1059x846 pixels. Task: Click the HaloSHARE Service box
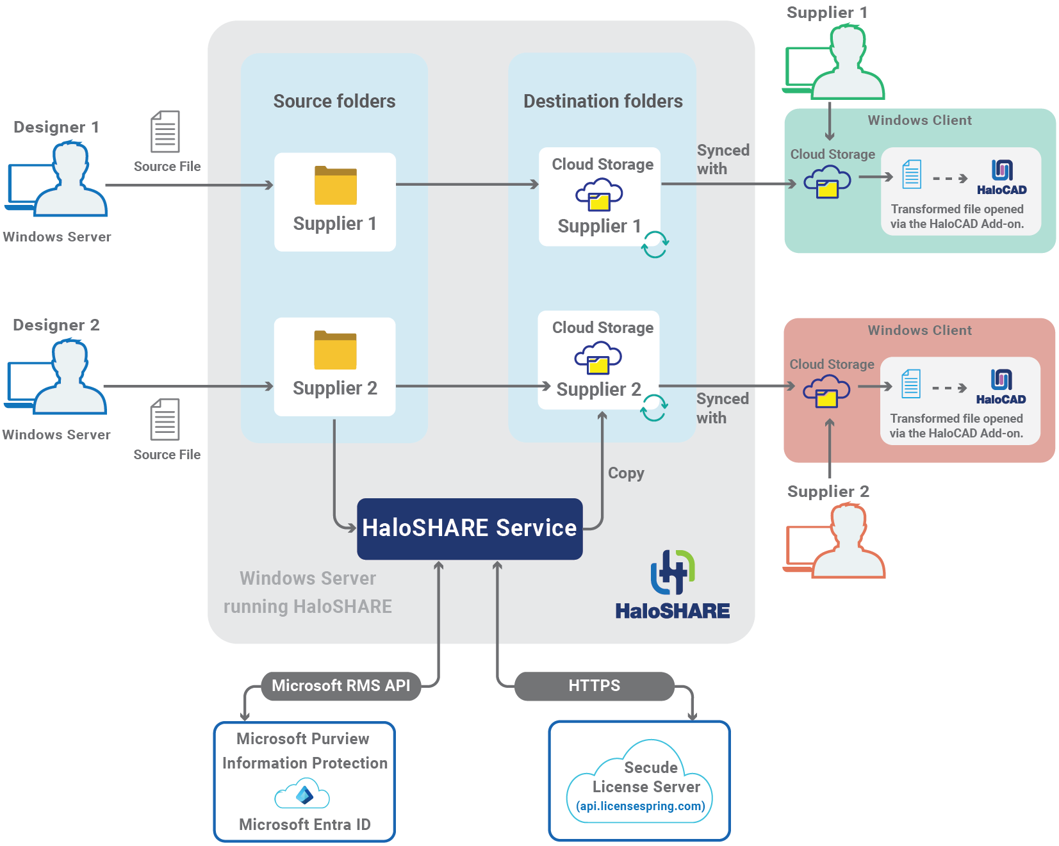tap(470, 528)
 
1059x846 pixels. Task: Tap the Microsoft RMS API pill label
tap(341, 686)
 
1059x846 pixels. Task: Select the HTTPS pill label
tap(594, 686)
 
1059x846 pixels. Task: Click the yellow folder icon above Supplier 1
tap(336, 186)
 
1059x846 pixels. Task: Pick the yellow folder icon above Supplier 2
tap(335, 350)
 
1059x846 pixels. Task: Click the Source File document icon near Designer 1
tap(165, 131)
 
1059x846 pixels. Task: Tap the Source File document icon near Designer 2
tap(165, 419)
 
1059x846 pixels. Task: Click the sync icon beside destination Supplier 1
tap(655, 244)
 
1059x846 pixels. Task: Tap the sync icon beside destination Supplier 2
tap(654, 407)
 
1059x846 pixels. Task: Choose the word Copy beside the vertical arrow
tap(626, 473)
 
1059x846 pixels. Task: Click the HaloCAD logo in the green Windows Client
tap(1002, 177)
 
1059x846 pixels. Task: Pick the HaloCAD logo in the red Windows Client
tap(1001, 387)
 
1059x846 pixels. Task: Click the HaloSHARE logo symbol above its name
tap(673, 571)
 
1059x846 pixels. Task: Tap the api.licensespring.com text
tap(641, 806)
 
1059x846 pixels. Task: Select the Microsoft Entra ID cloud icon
tap(302, 795)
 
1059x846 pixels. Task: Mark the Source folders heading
tap(334, 101)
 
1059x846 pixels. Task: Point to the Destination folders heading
tap(603, 101)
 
